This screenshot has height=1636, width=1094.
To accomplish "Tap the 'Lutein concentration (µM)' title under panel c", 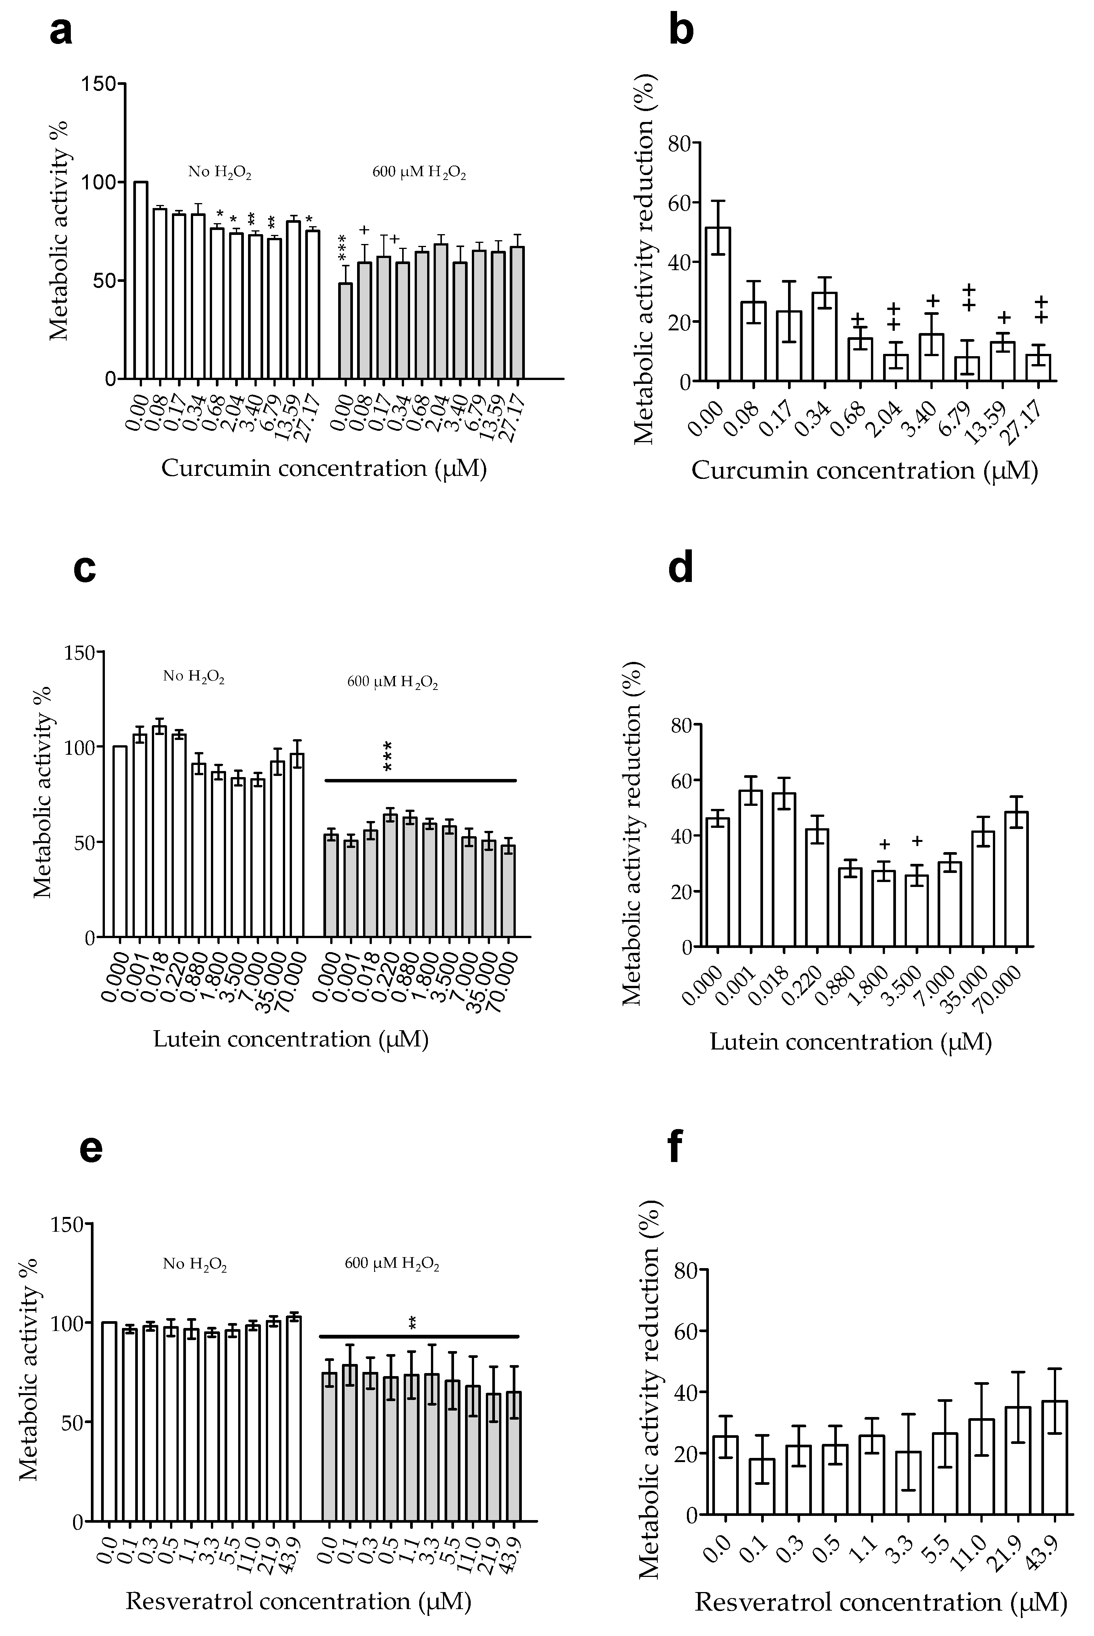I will click(290, 1039).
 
